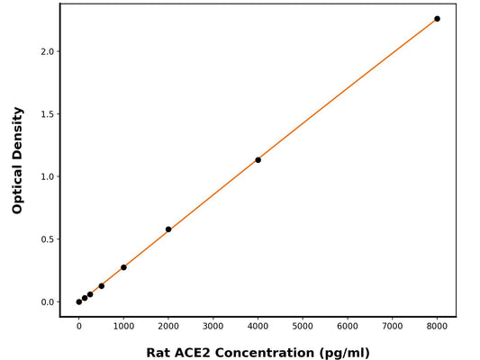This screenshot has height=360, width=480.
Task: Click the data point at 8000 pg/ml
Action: [438, 19]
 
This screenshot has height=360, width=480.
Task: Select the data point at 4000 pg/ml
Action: [258, 160]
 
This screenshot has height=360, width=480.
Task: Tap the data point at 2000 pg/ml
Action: [168, 229]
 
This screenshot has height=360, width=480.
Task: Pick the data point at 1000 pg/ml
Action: [123, 267]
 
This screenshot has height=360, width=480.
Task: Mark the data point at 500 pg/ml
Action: [102, 286]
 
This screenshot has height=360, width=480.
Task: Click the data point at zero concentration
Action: [79, 301]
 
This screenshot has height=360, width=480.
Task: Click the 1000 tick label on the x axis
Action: [123, 328]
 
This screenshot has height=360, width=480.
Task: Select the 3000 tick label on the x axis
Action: [213, 328]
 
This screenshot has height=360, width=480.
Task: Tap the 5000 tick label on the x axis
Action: [303, 328]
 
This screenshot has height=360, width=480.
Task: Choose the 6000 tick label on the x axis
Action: [348, 328]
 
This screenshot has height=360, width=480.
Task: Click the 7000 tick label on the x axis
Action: [393, 328]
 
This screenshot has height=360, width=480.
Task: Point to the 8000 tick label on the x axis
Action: [438, 328]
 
